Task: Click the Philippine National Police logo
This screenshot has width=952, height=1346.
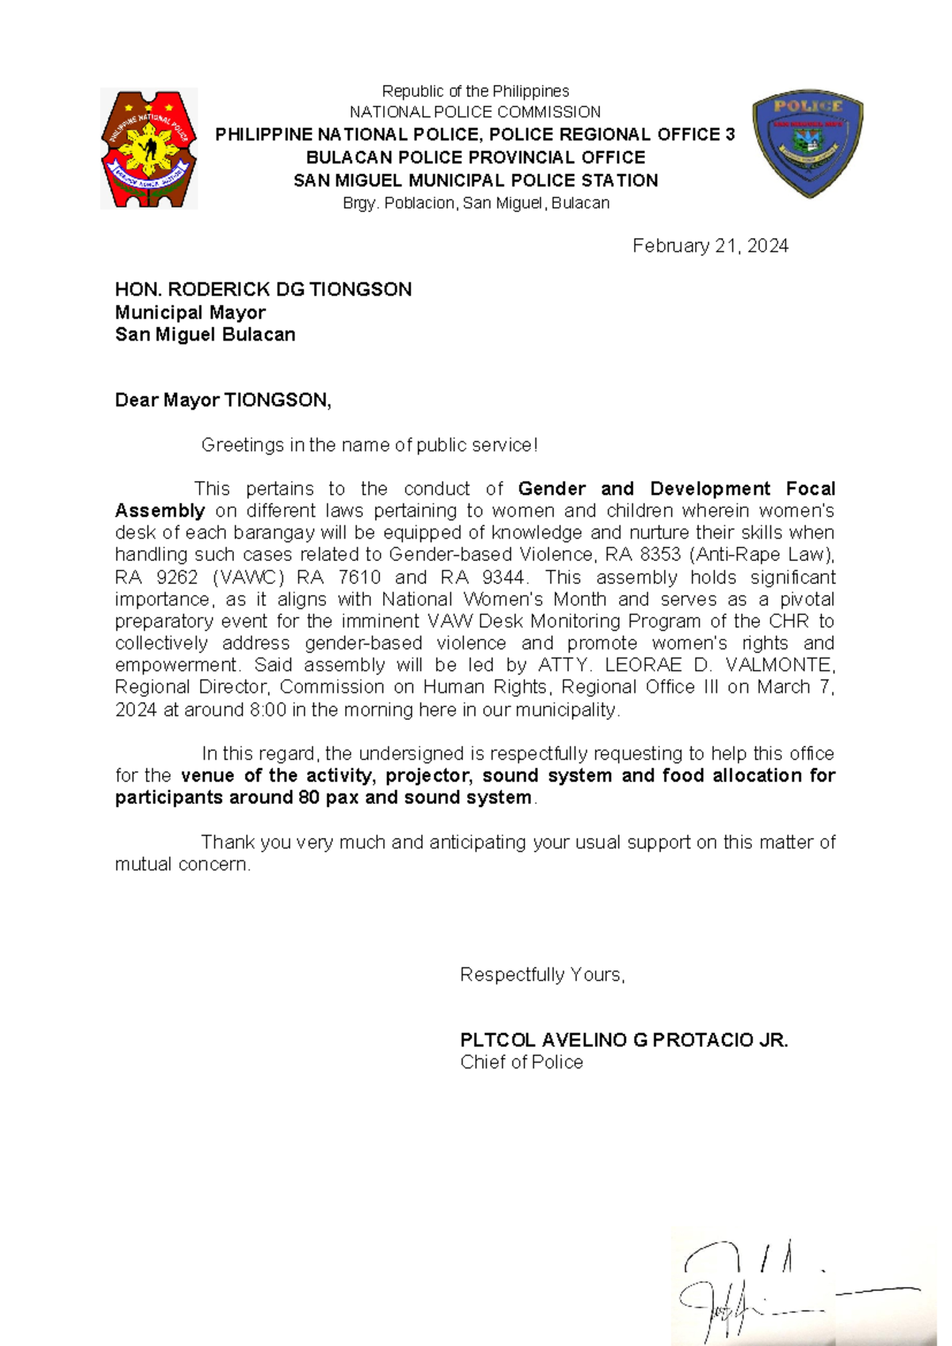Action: click(x=148, y=149)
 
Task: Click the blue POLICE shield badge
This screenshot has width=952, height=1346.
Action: click(x=808, y=143)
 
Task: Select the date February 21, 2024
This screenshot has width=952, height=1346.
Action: click(x=710, y=246)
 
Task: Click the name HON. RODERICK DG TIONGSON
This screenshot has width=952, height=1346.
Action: click(x=263, y=290)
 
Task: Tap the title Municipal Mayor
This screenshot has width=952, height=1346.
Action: click(x=190, y=312)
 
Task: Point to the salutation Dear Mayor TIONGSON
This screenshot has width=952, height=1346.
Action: click(x=223, y=400)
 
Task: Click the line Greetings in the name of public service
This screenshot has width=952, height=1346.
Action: click(x=370, y=445)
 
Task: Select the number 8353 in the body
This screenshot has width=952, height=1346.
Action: click(x=660, y=555)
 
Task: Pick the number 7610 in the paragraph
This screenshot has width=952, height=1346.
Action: click(x=359, y=577)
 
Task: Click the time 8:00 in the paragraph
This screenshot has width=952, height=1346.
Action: click(x=268, y=710)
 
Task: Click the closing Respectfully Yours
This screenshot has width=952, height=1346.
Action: click(x=543, y=975)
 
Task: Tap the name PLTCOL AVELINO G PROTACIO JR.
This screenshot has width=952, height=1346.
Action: click(x=624, y=1040)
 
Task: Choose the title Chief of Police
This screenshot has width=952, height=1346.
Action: click(x=521, y=1063)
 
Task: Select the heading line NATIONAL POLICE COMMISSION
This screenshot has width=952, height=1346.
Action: click(x=475, y=112)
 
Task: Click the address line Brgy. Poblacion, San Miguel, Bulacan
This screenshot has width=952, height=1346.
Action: click(x=476, y=203)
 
